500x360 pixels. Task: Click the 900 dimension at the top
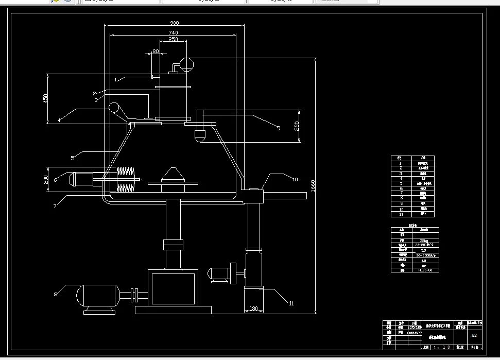(174, 23)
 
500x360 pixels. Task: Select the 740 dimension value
(174, 32)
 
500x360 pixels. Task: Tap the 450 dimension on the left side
(45, 97)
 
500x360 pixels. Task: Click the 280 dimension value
(297, 126)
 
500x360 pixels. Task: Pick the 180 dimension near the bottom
(253, 308)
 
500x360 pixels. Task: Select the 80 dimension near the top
(156, 51)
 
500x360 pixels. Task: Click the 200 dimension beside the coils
(46, 179)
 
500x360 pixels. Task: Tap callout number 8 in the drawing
(56, 295)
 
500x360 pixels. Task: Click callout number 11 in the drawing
(291, 304)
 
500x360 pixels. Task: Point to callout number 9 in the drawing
(278, 129)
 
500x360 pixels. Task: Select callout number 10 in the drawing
(295, 179)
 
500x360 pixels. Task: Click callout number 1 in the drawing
(116, 79)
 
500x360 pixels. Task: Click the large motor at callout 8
(98, 297)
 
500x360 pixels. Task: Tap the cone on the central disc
(173, 175)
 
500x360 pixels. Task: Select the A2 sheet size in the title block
(474, 335)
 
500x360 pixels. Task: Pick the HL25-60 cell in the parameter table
(427, 270)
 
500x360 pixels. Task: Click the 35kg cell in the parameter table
(427, 241)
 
